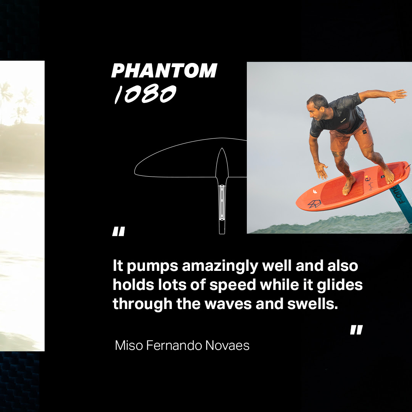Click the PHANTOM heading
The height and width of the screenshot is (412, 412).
click(x=164, y=71)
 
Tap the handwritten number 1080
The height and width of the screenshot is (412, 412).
click(x=145, y=94)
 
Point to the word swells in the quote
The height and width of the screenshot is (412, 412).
click(x=312, y=304)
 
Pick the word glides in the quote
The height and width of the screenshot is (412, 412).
click(x=340, y=285)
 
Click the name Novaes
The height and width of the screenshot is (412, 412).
click(x=227, y=345)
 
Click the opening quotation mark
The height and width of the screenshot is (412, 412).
click(x=119, y=231)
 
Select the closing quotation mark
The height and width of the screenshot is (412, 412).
click(x=356, y=330)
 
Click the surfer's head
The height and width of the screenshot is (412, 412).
click(x=317, y=107)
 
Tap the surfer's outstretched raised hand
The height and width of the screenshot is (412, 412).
click(x=398, y=95)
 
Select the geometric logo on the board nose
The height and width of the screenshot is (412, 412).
click(x=314, y=204)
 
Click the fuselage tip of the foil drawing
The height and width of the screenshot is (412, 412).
click(x=222, y=149)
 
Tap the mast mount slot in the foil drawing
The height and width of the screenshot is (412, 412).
click(x=222, y=202)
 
